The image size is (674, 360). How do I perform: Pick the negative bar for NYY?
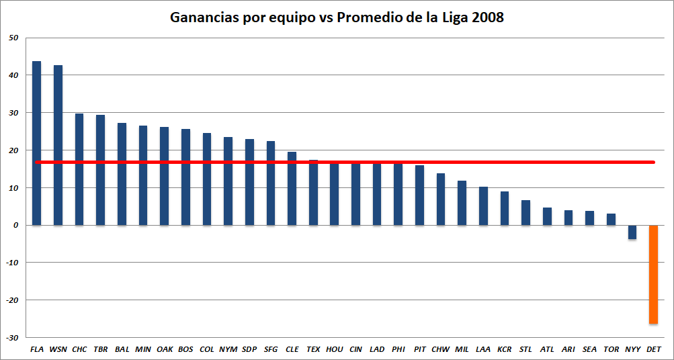(632, 232)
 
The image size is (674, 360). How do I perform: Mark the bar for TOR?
(611, 219)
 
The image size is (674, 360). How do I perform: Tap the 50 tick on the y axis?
(14, 38)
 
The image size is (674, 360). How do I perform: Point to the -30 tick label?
(13, 337)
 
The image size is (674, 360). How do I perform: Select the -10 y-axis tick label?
(13, 263)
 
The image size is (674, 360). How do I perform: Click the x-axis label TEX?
(313, 349)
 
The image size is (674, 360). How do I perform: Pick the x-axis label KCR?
(504, 349)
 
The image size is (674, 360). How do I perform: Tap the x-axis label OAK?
(165, 349)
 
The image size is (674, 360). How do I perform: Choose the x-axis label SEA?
(589, 349)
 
